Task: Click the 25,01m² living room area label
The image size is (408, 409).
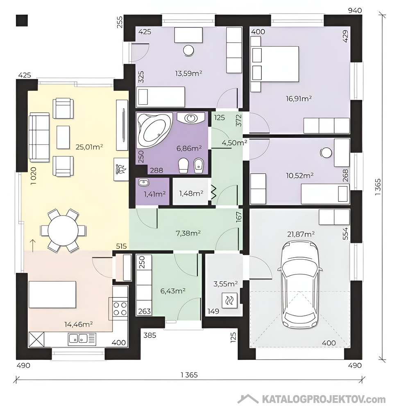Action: pos(89,147)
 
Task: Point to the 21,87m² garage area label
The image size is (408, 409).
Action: pos(301,234)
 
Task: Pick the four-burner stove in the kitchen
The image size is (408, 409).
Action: pos(120,309)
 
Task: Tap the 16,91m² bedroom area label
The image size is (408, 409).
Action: pos(299,99)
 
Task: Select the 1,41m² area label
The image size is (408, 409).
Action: pos(154,194)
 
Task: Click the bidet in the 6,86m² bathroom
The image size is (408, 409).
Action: pos(199,166)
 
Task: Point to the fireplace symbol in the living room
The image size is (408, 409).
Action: pos(121,169)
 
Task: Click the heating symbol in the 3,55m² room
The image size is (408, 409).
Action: pos(229,301)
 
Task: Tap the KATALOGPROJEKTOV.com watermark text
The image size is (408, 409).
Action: pos(324,399)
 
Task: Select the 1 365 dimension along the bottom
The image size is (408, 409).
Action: pos(189,375)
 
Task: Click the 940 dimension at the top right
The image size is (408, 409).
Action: pos(355,11)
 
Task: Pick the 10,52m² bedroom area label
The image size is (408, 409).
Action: pos(299,175)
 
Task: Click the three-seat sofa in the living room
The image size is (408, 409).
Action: pos(39,137)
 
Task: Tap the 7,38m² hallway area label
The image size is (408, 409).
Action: pos(188,233)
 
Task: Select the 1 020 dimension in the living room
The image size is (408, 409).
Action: pos(34,176)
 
